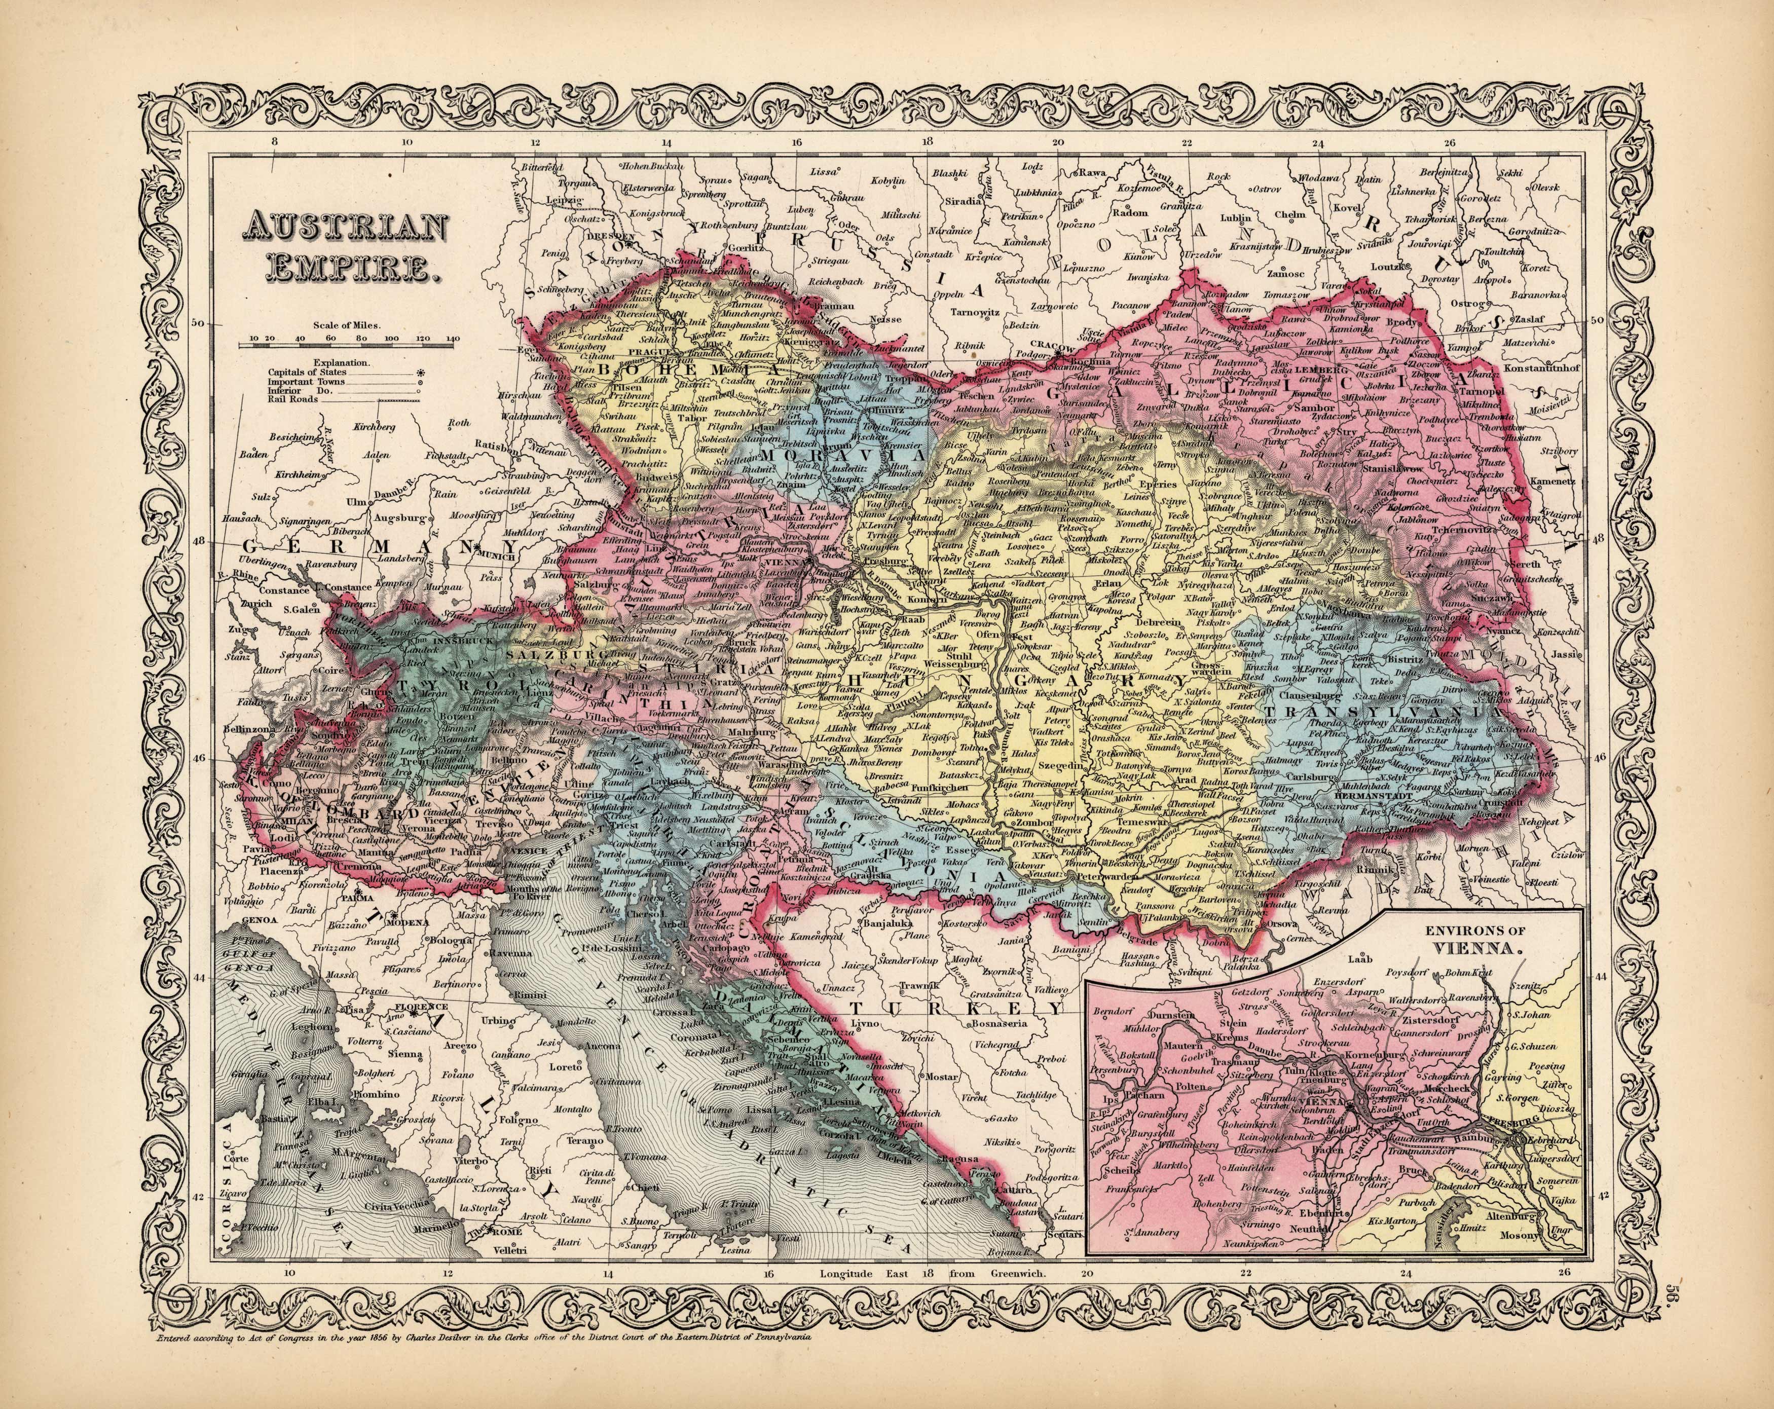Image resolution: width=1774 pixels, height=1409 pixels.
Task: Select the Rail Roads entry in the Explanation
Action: [x=292, y=399]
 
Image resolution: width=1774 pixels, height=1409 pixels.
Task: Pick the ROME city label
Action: [x=507, y=1254]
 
